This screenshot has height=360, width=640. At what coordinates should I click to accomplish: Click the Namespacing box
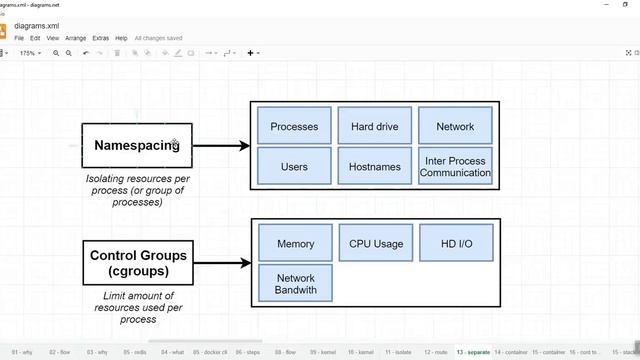(136, 146)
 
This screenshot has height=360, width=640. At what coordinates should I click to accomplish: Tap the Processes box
(294, 127)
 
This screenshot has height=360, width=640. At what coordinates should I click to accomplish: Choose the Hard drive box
(375, 127)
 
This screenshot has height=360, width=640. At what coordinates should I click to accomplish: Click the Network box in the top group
(455, 127)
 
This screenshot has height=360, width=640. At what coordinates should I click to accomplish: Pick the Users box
(294, 166)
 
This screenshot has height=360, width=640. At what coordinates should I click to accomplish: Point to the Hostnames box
(375, 166)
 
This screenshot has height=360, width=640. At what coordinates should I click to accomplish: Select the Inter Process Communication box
(455, 166)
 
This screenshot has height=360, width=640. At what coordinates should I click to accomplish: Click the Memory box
(295, 243)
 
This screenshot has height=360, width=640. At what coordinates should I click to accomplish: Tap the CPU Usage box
(375, 243)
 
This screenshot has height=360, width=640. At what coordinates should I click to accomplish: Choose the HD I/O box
(455, 243)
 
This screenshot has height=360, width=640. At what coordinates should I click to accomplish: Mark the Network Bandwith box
(295, 284)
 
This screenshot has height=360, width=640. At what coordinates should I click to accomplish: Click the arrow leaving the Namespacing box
(220, 146)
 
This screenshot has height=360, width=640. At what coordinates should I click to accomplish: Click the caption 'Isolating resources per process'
(138, 190)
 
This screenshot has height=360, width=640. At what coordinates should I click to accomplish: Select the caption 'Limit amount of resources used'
(138, 307)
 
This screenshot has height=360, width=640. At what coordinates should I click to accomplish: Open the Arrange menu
(75, 38)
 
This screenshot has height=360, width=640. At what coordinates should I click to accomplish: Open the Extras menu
(100, 38)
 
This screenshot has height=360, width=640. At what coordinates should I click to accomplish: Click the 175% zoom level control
(29, 53)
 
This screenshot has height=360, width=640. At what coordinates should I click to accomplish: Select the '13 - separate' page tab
(473, 352)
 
